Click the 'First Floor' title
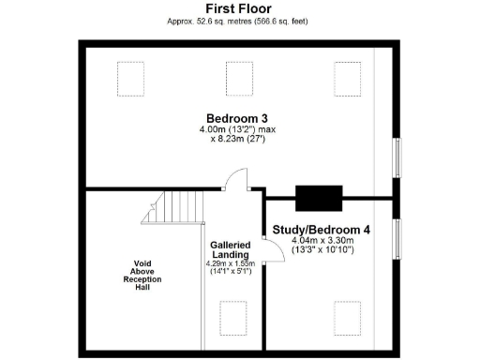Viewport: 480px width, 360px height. [239, 8]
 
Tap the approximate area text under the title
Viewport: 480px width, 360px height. [239, 21]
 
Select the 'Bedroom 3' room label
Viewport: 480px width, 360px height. [231, 117]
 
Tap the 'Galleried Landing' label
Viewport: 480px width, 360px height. [230, 249]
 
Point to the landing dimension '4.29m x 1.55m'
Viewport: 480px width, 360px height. [230, 264]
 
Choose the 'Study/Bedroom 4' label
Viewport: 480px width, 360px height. [321, 230]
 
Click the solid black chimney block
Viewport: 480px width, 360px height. [320, 199]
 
